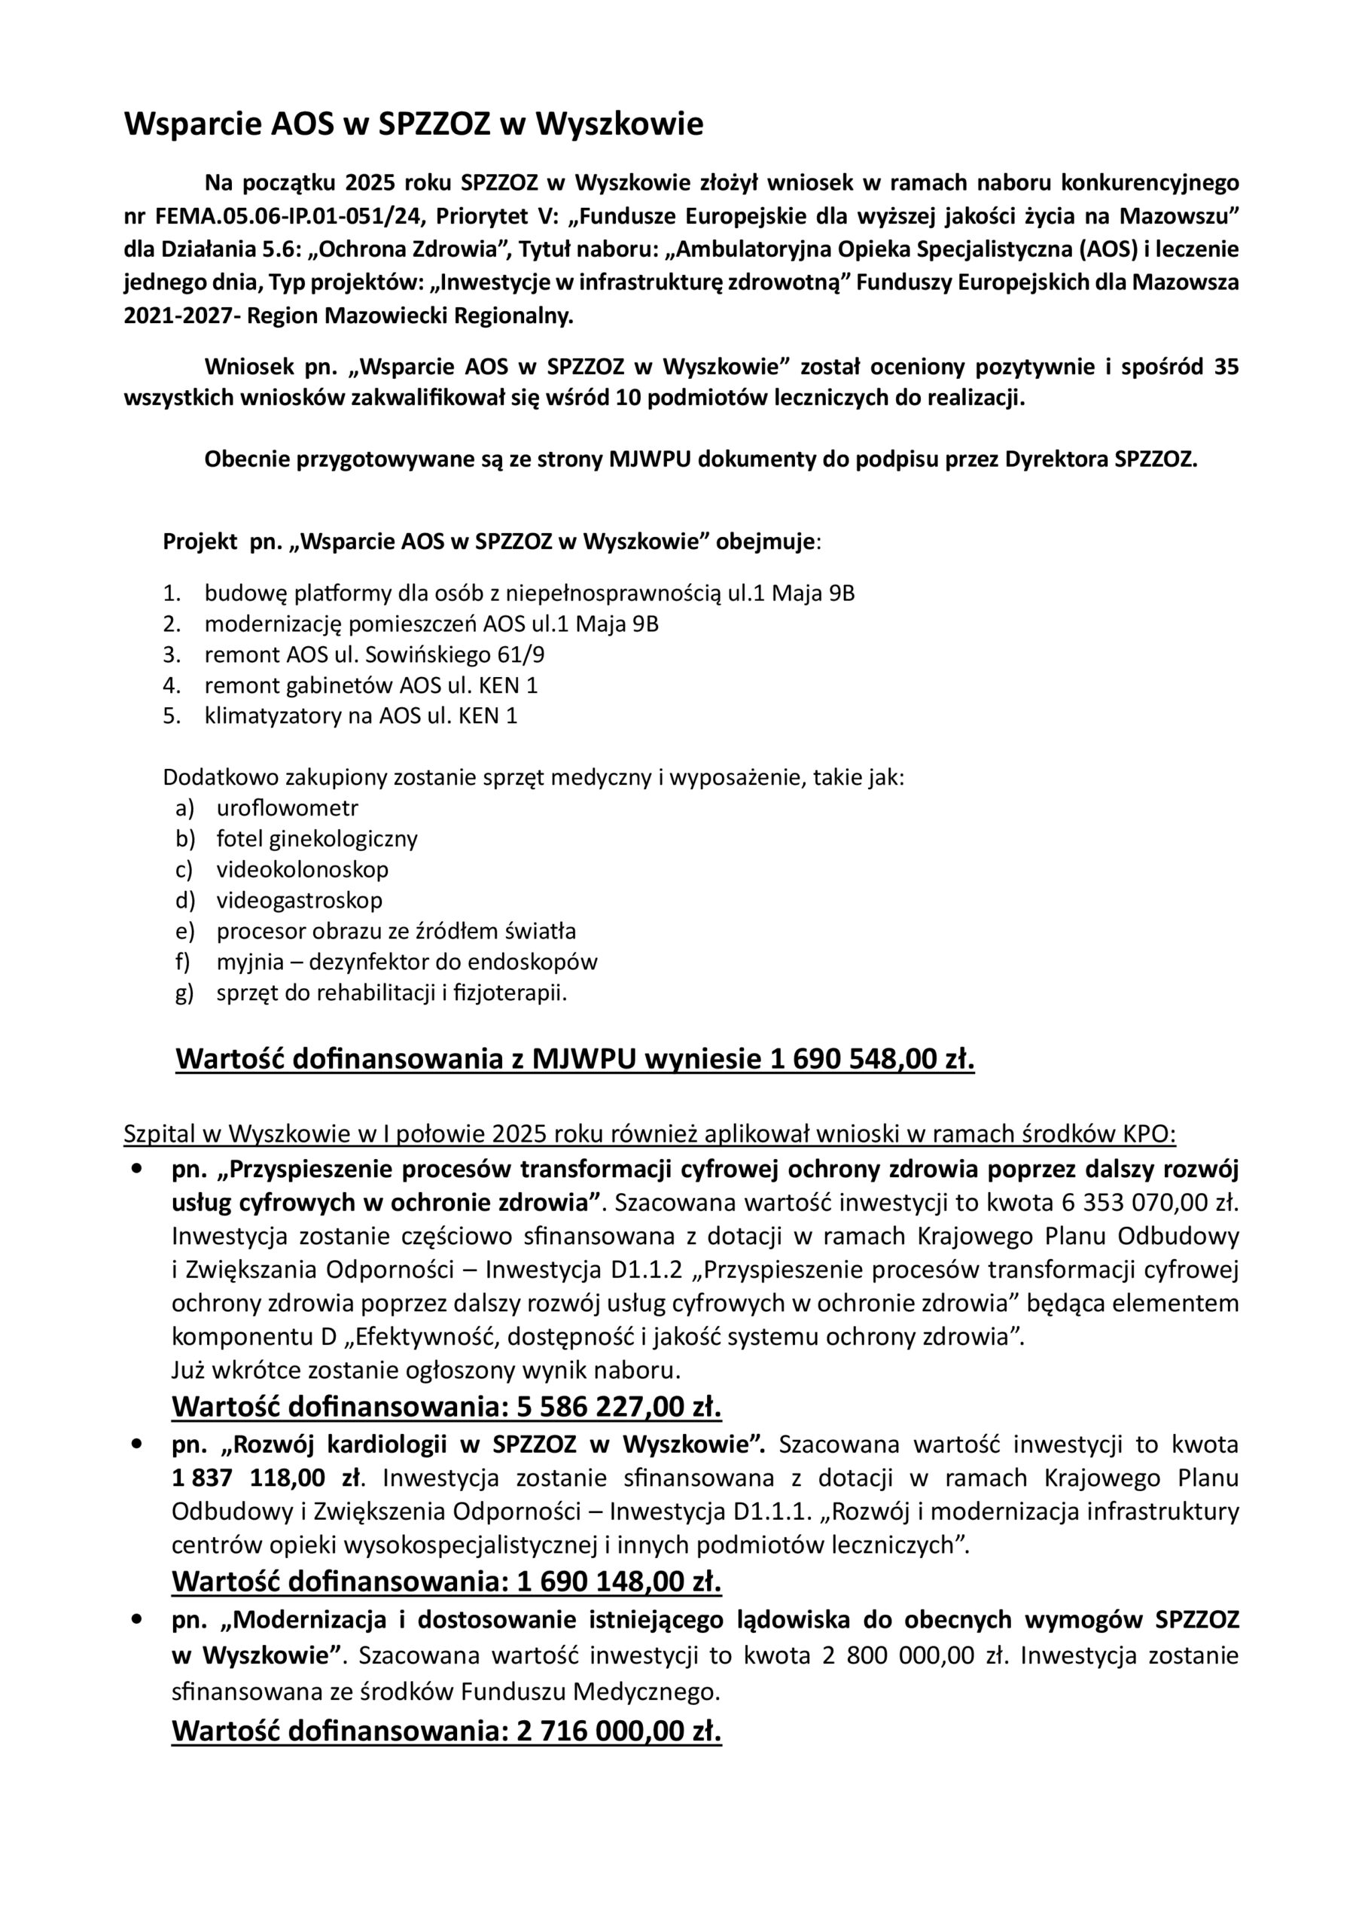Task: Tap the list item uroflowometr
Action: coord(287,808)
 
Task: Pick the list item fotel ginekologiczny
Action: coord(316,838)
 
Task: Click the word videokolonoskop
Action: coord(303,869)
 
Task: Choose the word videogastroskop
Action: coord(299,900)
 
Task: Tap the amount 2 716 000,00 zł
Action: coord(619,1731)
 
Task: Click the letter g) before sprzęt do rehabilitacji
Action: coord(184,993)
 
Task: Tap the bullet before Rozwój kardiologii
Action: coord(136,1444)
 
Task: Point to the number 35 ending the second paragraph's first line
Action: coord(1226,367)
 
